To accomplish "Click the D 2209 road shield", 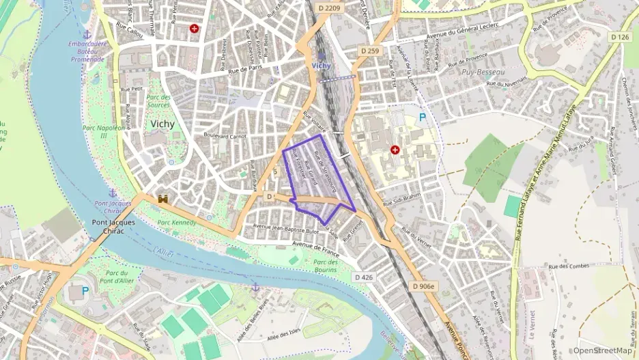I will pyautogui.click(x=329, y=8).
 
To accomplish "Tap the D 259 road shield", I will pyautogui.click(x=369, y=51).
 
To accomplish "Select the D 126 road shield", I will pyautogui.click(x=620, y=37).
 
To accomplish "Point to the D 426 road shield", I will pyautogui.click(x=364, y=277).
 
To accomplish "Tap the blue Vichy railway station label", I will pyautogui.click(x=321, y=66).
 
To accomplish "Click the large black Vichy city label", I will pyautogui.click(x=162, y=124).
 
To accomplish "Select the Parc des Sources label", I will pyautogui.click(x=158, y=101).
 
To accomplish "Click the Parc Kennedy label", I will pyautogui.click(x=177, y=223).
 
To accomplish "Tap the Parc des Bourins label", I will pyautogui.click(x=326, y=266).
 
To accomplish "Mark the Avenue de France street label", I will pyautogui.click(x=315, y=245).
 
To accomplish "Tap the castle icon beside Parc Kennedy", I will pyautogui.click(x=163, y=199).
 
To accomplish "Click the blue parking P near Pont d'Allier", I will pyautogui.click(x=85, y=290).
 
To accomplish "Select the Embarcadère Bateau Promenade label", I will pyautogui.click(x=87, y=51).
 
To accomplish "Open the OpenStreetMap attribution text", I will pyautogui.click(x=602, y=350).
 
